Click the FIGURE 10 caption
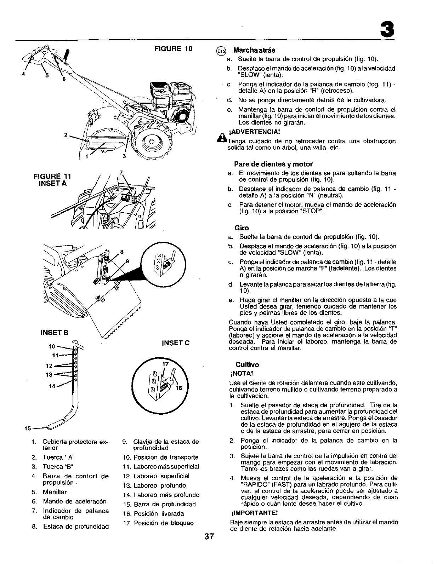coord(173,48)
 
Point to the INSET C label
coord(176,343)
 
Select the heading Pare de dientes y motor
coord(273,164)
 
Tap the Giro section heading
coord(241,228)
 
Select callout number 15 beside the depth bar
coord(26,429)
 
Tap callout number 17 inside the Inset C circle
coord(164,363)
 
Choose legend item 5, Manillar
coord(54,492)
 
